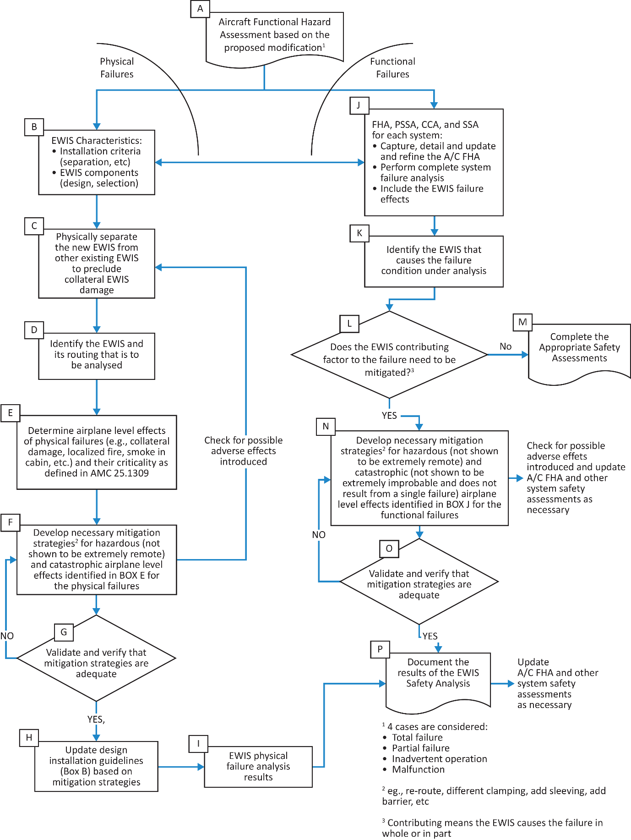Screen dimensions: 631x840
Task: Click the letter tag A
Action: (x=200, y=9)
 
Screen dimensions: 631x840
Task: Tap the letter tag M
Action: (x=522, y=322)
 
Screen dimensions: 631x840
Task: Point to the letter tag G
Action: (x=64, y=632)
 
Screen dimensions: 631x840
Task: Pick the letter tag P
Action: (x=380, y=649)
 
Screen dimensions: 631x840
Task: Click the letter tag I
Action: (x=198, y=743)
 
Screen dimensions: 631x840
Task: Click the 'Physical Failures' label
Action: (x=117, y=68)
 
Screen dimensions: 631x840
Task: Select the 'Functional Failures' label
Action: (x=392, y=68)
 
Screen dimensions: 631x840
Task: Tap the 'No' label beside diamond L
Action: (x=506, y=346)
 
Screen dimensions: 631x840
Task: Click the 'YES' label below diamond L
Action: (x=389, y=415)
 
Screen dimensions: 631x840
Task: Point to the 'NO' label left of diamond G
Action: (x=7, y=636)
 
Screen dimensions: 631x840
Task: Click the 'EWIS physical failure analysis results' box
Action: (x=258, y=767)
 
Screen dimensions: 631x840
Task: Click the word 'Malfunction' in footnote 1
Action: (x=418, y=769)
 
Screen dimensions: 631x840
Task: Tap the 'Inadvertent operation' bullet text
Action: (x=440, y=759)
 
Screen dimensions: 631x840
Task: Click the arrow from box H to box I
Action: (x=181, y=767)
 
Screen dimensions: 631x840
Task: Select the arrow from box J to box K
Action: (x=434, y=226)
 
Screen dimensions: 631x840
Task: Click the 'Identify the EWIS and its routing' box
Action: (x=97, y=356)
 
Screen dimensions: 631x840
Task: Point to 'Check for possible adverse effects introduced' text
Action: (x=244, y=450)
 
